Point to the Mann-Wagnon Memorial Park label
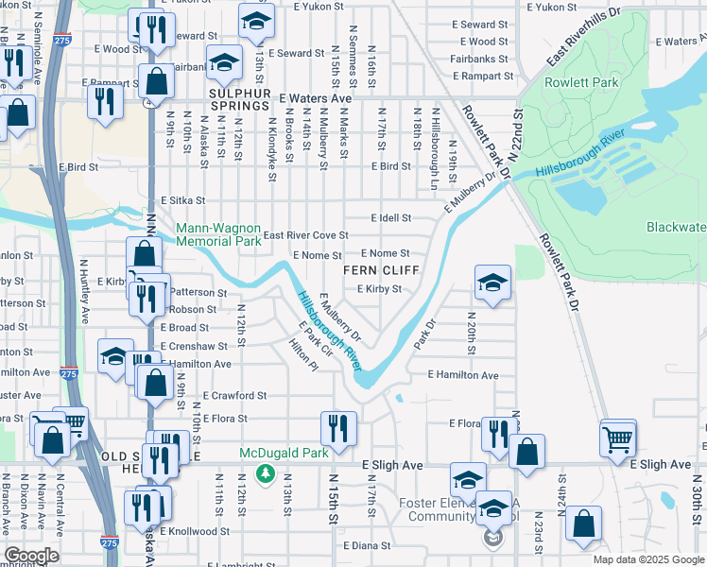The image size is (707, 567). click(x=218, y=234)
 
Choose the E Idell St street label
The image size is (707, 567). click(x=390, y=217)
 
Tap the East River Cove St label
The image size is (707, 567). click(x=305, y=235)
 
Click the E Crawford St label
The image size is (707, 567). click(x=235, y=396)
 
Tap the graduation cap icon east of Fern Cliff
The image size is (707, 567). click(x=492, y=283)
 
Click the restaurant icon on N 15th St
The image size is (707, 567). click(x=335, y=429)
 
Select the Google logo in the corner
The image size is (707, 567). click(x=32, y=556)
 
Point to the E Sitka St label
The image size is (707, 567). click(x=183, y=201)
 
